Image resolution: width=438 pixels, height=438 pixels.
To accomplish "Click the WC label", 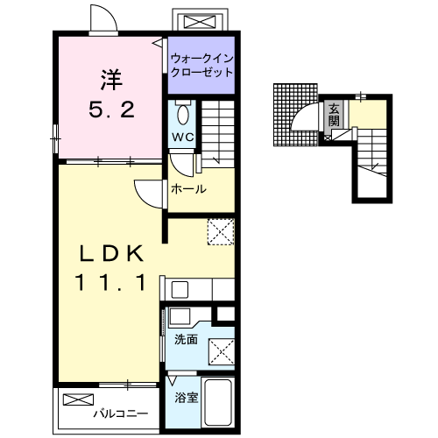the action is tap(183, 137).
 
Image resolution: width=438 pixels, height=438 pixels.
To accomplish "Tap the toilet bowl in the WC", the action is tap(183, 115).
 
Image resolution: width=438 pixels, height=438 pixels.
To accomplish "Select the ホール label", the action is tap(188, 189).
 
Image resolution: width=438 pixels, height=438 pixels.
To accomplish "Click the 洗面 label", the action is tap(186, 340).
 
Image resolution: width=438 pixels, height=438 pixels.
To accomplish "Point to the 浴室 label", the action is tap(187, 398).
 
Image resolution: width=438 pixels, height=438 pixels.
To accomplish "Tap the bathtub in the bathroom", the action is tap(218, 402).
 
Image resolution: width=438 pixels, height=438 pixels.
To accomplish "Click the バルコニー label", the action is tap(121, 413).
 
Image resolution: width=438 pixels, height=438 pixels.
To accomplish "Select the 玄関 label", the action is tap(334, 115).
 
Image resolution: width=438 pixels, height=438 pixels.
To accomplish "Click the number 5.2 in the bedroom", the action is tap(111, 109).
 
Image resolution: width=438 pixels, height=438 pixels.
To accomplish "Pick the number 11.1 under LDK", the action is tap(110, 282).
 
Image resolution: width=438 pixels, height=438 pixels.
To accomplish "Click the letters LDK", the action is tap(112, 253).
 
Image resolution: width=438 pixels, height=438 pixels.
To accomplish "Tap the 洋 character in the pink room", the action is tap(111, 79).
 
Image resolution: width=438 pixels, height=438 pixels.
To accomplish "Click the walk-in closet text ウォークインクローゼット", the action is tap(201, 65).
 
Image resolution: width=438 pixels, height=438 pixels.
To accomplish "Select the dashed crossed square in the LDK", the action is tap(221, 231).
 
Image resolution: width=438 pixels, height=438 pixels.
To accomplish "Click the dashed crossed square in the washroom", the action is tap(222, 351).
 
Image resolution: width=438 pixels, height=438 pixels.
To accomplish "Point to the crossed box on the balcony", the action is tap(78, 399).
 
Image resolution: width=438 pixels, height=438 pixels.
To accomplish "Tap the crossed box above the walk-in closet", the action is tap(200, 22).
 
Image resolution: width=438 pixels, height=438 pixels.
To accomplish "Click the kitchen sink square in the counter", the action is tap(180, 289).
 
